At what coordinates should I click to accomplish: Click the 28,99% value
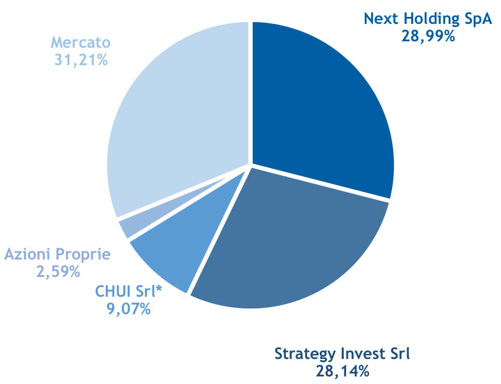pyautogui.click(x=428, y=37)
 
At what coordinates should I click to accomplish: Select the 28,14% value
pyautogui.click(x=343, y=371)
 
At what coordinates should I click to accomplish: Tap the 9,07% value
pyautogui.click(x=128, y=309)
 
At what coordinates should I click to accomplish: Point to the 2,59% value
pyautogui.click(x=58, y=272)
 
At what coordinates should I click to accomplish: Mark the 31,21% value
pyautogui.click(x=81, y=60)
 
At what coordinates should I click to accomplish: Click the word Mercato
pyautogui.click(x=81, y=42)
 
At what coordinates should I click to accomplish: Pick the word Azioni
pyautogui.click(x=27, y=254)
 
